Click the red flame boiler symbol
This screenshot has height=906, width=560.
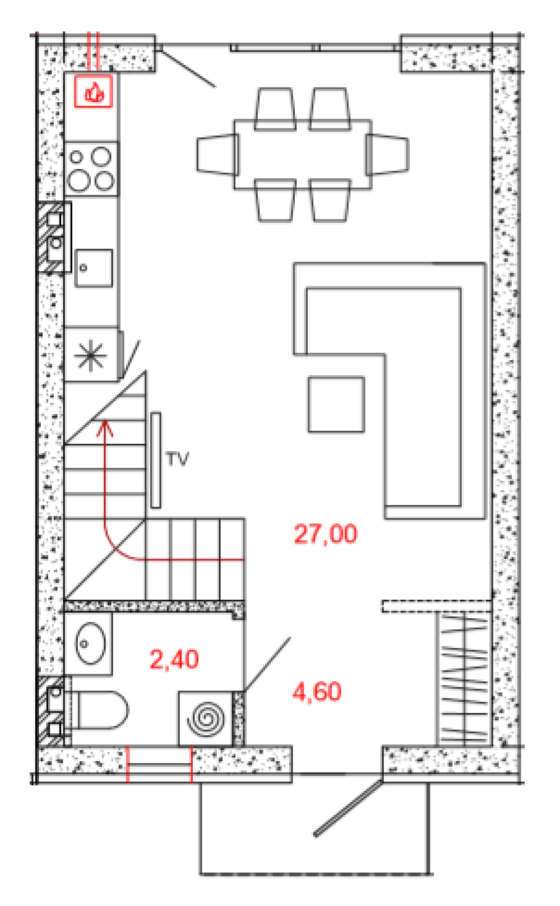(x=93, y=91)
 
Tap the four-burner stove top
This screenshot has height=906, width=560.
(x=91, y=169)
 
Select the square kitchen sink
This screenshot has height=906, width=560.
(x=94, y=268)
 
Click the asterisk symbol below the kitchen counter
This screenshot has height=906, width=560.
(x=90, y=356)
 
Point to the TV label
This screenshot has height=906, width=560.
(x=177, y=459)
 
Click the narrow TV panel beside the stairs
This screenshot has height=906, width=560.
(x=156, y=460)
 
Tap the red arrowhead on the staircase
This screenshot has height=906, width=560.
(x=105, y=428)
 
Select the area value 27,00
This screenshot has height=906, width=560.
(x=326, y=534)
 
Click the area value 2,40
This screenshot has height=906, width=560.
(x=174, y=659)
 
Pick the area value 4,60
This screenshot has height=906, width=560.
(x=317, y=692)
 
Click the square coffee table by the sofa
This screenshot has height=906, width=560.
(x=336, y=404)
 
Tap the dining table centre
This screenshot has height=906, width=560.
(x=303, y=154)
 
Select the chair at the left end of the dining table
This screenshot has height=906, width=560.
(x=217, y=154)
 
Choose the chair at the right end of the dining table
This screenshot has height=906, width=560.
(x=387, y=154)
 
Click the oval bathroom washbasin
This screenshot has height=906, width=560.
(x=90, y=643)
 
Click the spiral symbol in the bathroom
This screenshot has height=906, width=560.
(x=206, y=719)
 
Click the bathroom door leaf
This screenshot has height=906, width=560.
(x=267, y=664)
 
